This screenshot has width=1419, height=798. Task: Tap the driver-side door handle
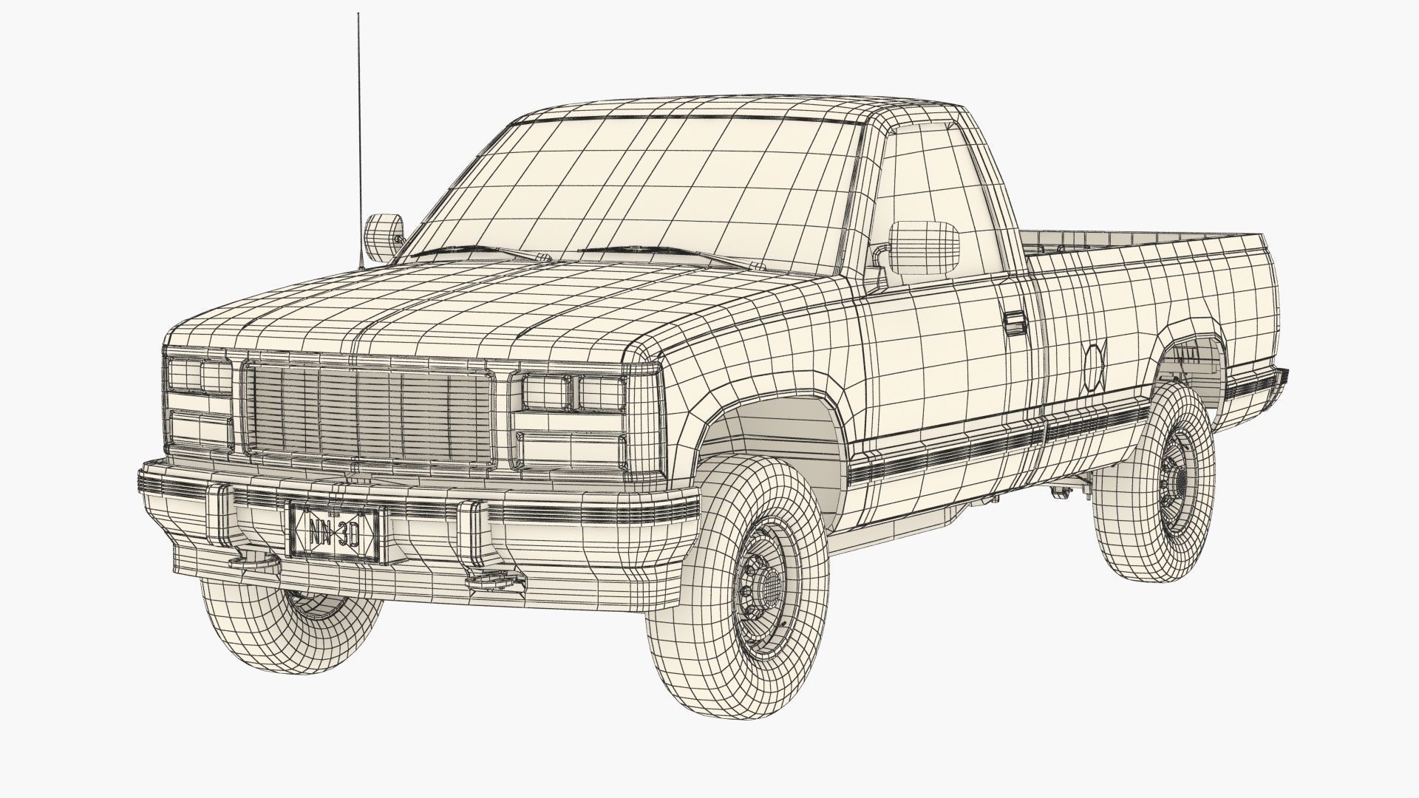tap(1016, 324)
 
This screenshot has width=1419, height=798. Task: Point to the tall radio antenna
tap(359, 133)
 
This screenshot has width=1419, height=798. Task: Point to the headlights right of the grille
tap(572, 392)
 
